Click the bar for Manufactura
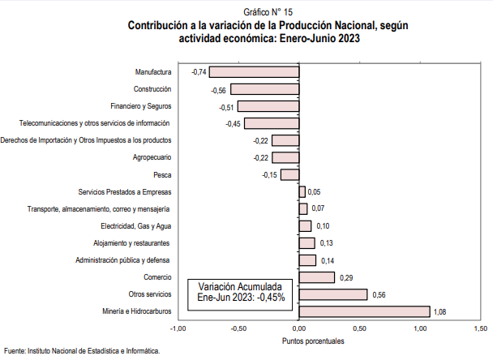(254, 72)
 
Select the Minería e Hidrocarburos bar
(364, 311)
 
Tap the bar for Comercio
(317, 277)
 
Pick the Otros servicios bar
(333, 294)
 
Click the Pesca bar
(290, 174)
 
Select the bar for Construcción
(265, 89)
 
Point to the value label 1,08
(440, 311)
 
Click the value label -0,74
(198, 72)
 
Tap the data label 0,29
(345, 277)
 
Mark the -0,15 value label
(269, 174)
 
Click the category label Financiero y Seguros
(140, 106)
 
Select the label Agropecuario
(151, 157)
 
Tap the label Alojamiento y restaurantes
(132, 243)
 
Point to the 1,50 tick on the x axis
(480, 328)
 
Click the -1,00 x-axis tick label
(178, 328)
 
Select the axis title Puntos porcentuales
(313, 341)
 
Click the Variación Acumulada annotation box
(241, 292)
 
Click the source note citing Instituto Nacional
(82, 351)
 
